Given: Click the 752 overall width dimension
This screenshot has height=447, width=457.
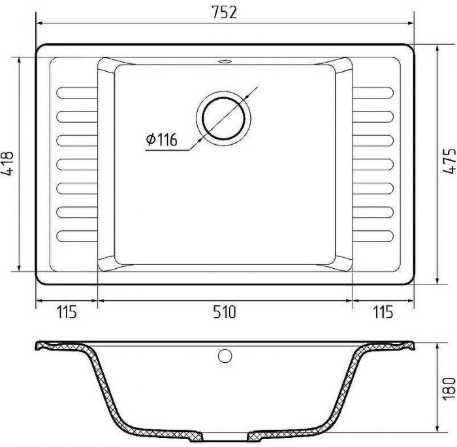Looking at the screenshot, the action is (224, 12).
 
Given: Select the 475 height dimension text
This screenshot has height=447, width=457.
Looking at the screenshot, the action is (449, 161).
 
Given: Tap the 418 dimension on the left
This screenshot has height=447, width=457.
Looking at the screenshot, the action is (8, 163).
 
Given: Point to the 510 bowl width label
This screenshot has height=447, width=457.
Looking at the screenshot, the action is (224, 312).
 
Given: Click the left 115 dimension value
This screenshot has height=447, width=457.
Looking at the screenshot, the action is (67, 312).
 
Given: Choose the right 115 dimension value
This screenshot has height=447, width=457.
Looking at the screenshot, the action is (383, 312).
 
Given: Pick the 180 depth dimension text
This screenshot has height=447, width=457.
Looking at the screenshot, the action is (449, 389).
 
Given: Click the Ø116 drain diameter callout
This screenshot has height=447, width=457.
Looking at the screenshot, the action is (161, 140).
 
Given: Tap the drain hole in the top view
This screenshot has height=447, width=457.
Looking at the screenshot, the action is (223, 118).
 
